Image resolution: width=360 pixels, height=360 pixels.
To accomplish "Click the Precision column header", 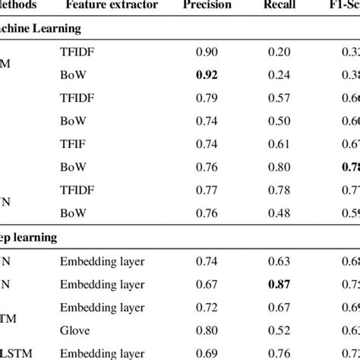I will pyautogui.click(x=208, y=6).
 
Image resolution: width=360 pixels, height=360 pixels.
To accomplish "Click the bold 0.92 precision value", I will pyautogui.click(x=208, y=75).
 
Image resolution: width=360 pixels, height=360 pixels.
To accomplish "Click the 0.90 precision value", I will pyautogui.click(x=208, y=52).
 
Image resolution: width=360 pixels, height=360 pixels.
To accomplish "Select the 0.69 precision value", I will pyautogui.click(x=208, y=352).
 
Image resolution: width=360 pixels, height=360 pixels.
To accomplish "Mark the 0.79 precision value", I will pyautogui.click(x=208, y=98).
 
